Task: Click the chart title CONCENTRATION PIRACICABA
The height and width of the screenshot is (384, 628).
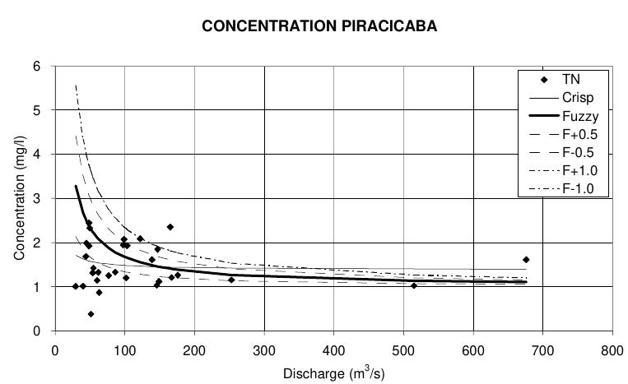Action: tap(319, 26)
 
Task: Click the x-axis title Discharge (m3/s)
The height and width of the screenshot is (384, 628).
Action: tap(333, 373)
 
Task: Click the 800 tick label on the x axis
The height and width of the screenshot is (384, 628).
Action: tap(612, 349)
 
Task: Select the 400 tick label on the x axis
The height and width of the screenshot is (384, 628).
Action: tap(333, 349)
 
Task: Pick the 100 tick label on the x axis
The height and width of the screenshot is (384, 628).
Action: tap(124, 349)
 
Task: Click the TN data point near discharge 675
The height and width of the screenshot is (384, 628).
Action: tap(526, 260)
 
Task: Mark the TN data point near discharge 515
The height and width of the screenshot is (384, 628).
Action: tap(414, 285)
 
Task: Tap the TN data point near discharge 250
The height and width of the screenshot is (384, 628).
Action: tap(231, 280)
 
